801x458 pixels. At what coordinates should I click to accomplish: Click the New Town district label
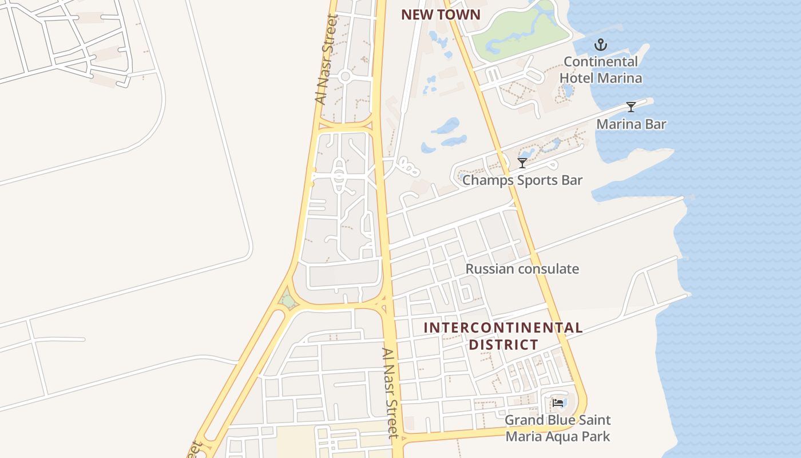[x=441, y=15]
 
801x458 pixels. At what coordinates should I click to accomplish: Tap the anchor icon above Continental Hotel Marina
[x=600, y=45]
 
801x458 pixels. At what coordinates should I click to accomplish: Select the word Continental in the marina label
[x=600, y=61]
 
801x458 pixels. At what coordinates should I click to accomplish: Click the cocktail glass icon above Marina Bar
[x=631, y=107]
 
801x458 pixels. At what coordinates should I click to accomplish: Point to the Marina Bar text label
[x=631, y=124]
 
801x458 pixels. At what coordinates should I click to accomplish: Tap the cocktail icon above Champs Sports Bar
[x=522, y=163]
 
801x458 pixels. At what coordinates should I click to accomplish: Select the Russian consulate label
[x=522, y=269]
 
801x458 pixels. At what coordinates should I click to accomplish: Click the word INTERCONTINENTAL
[x=503, y=328]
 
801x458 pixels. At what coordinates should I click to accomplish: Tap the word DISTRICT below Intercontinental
[x=503, y=345]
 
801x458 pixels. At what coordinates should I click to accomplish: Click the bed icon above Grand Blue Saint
[x=558, y=403]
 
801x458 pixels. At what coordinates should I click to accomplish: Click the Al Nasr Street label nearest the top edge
[x=327, y=60]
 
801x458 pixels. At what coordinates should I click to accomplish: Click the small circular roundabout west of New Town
[x=344, y=76]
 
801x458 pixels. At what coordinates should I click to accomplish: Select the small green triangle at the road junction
[x=287, y=299]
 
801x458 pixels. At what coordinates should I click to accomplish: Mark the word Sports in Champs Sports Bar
[x=539, y=180]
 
